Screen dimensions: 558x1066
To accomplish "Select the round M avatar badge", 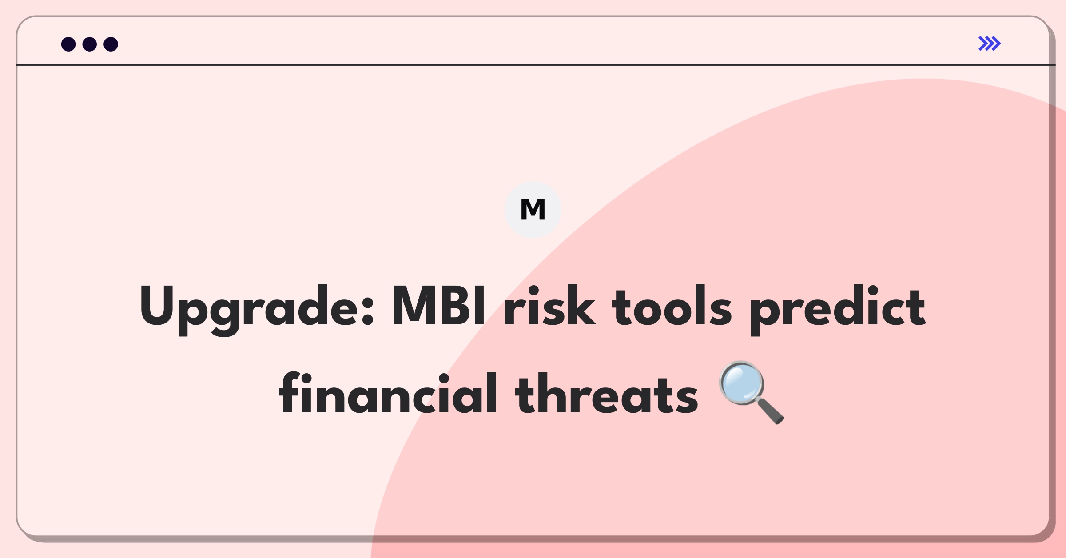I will (x=533, y=210).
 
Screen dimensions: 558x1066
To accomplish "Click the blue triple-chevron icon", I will (x=989, y=44).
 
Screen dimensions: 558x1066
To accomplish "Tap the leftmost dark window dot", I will (x=68, y=44).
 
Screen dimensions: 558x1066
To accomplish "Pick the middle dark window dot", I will (x=90, y=44).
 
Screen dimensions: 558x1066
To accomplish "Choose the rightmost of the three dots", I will (x=111, y=44).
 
